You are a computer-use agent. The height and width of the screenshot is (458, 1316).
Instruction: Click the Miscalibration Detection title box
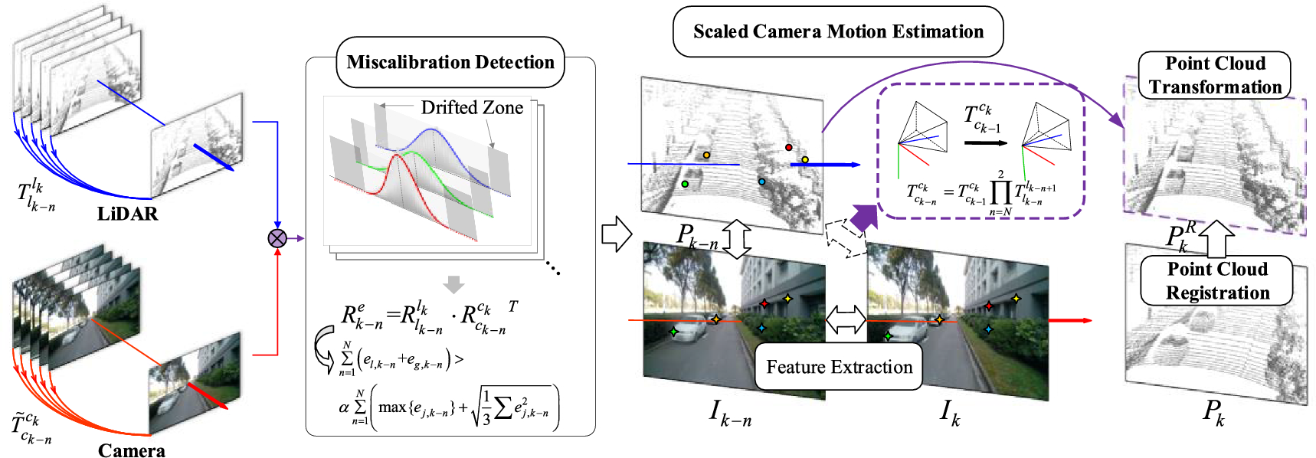pyautogui.click(x=450, y=62)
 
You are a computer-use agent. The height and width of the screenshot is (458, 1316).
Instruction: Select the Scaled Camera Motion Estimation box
pyautogui.click(x=838, y=31)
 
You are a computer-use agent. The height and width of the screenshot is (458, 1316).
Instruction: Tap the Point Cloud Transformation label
pyautogui.click(x=1215, y=75)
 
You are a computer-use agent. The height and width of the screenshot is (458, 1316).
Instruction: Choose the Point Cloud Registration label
pyautogui.click(x=1217, y=281)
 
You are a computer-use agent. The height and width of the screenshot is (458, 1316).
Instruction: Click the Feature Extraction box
pyautogui.click(x=839, y=367)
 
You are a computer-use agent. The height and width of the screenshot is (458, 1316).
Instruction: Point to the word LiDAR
pyautogui.click(x=127, y=214)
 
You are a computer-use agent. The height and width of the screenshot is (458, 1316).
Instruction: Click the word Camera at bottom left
pyautogui.click(x=131, y=450)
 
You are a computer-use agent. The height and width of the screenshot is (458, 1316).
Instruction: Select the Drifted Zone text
pyautogui.click(x=472, y=107)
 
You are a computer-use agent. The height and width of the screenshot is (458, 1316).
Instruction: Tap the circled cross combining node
pyautogui.click(x=277, y=238)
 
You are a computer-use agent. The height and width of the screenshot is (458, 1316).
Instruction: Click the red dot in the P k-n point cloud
pyautogui.click(x=789, y=147)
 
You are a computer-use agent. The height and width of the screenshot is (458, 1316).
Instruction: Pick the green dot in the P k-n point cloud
pyautogui.click(x=685, y=184)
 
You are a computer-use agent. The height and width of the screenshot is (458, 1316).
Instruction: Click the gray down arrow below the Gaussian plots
pyautogui.click(x=454, y=284)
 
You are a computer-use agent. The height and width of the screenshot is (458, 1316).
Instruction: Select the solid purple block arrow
pyautogui.click(x=863, y=218)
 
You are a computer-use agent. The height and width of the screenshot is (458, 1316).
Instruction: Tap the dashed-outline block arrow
pyautogui.click(x=843, y=237)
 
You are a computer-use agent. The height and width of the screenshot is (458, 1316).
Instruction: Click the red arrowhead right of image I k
pyautogui.click(x=1086, y=320)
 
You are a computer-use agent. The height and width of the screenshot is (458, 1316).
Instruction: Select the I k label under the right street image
pyautogui.click(x=950, y=414)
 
